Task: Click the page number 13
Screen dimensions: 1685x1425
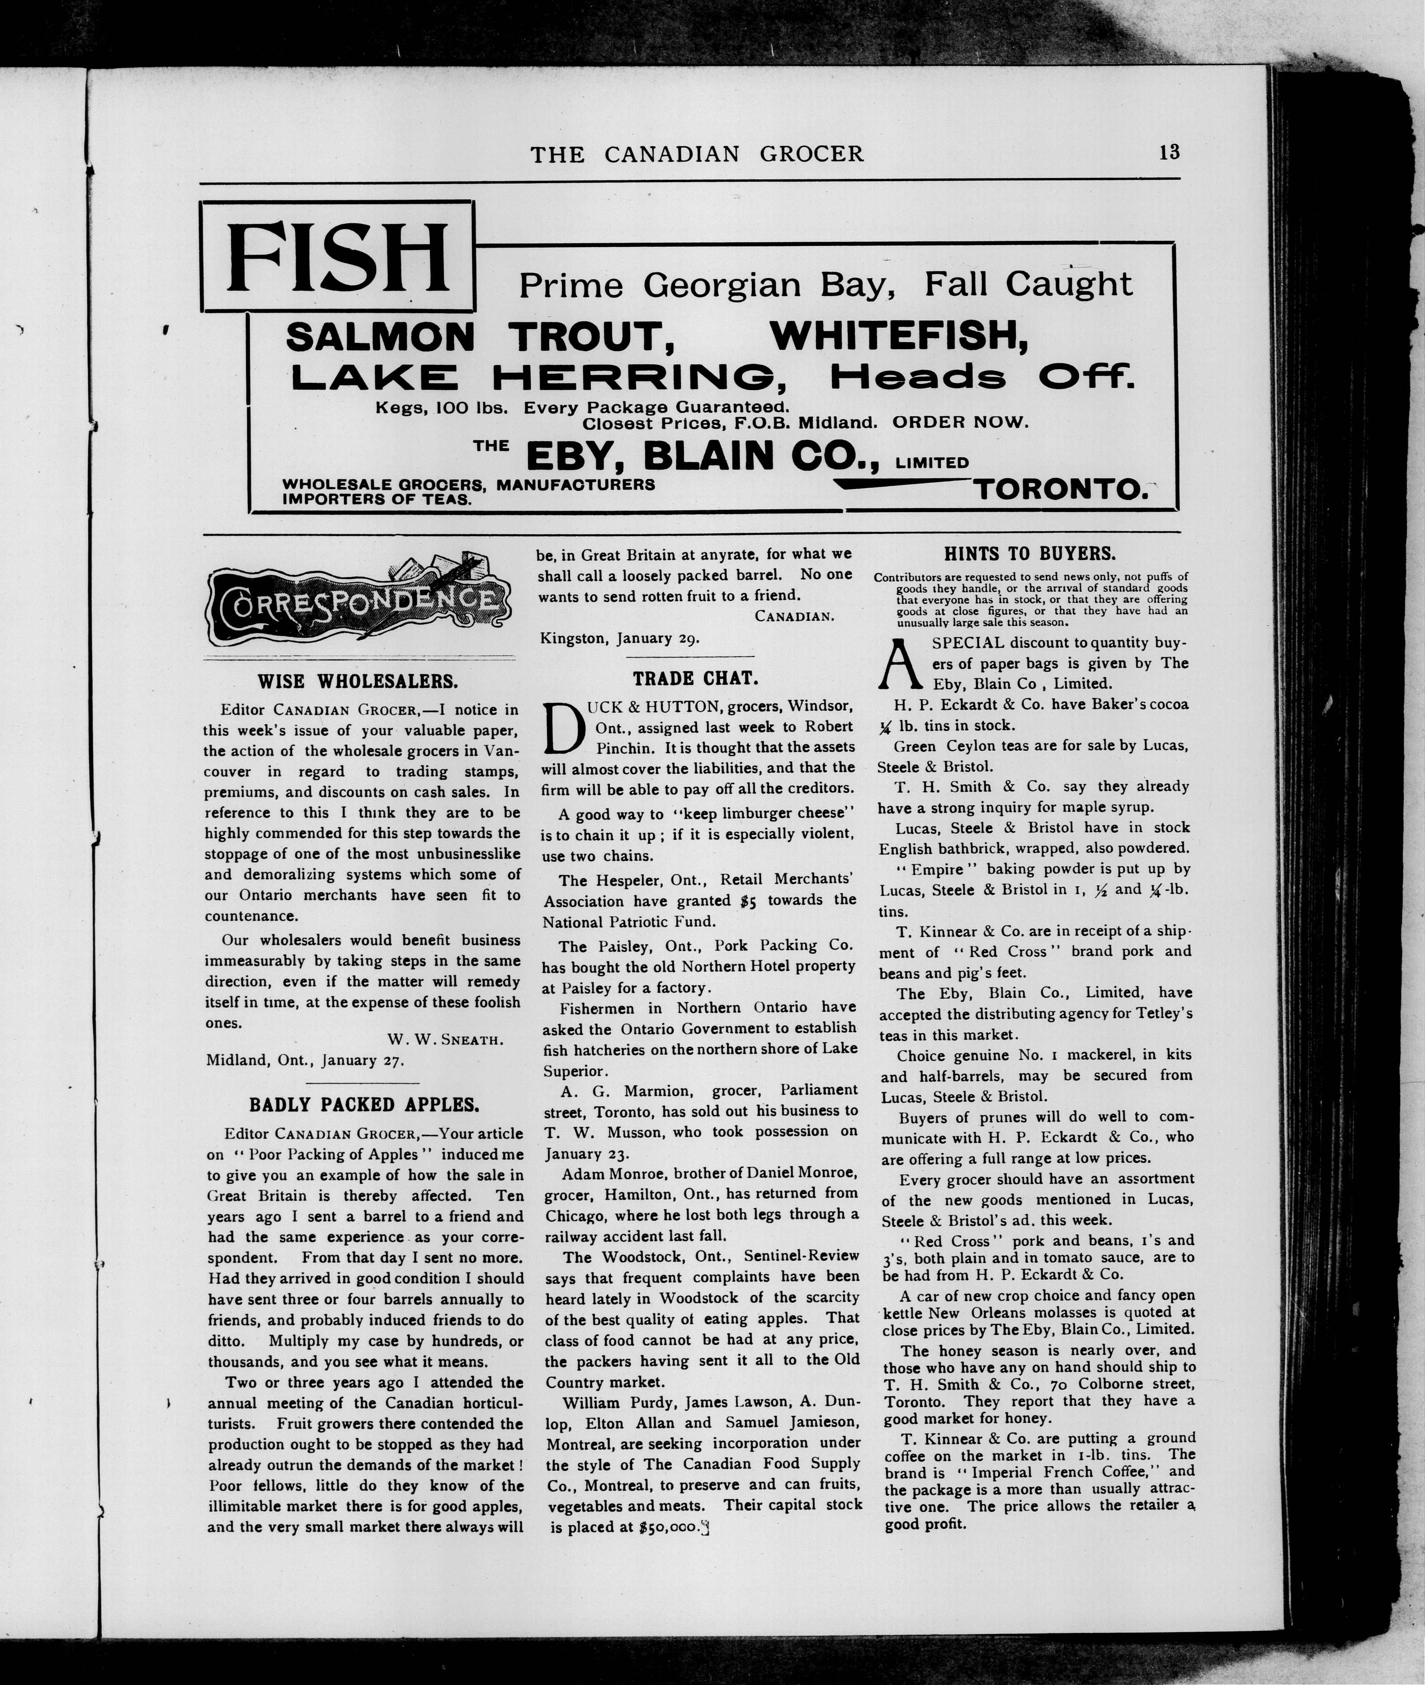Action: (1169, 152)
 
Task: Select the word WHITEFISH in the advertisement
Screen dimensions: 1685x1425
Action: (899, 336)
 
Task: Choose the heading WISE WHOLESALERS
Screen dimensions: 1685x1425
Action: (358, 681)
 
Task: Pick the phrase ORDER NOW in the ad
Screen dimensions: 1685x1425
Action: (960, 422)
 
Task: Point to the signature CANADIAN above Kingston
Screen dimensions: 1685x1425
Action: (794, 617)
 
